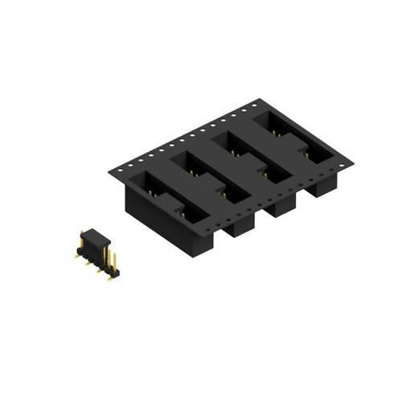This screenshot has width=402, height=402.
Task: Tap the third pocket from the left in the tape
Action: tap(250, 156)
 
